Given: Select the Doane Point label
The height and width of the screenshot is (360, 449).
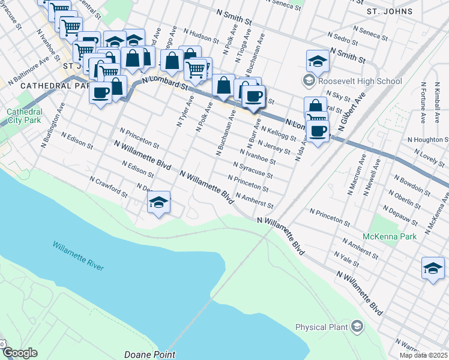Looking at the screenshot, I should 149,354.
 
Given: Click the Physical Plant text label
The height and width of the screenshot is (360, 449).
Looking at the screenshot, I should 322,327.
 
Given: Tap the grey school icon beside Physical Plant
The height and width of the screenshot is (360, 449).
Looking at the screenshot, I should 358,326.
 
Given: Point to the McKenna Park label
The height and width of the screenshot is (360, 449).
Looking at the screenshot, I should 393,236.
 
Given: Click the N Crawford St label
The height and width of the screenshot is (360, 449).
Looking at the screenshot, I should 108,187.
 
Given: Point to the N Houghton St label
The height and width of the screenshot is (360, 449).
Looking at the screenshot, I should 427,139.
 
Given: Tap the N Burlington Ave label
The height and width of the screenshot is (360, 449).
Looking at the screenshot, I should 53,124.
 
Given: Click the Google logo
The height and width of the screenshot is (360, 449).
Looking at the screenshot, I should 20,353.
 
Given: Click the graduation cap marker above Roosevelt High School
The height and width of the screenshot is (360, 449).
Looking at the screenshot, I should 318,61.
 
